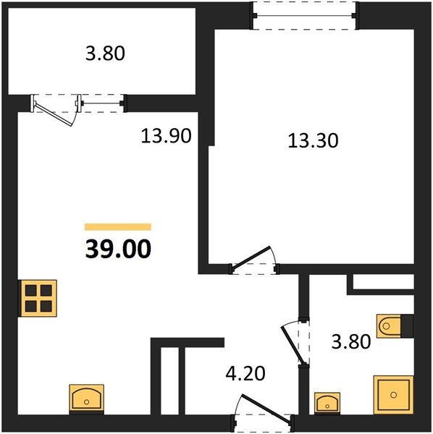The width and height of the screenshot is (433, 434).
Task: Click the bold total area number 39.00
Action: click(x=118, y=249)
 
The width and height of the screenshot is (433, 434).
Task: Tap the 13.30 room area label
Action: click(x=313, y=140)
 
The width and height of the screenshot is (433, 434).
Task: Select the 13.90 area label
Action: click(x=166, y=136)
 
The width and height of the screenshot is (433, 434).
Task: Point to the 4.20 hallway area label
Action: click(x=245, y=373)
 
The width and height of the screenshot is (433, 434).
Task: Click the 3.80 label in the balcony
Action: click(x=105, y=53)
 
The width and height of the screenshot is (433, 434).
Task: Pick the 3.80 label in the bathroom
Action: click(x=351, y=341)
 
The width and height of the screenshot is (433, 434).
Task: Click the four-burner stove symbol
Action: click(x=38, y=298)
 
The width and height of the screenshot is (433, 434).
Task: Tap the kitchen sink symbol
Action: click(x=86, y=399)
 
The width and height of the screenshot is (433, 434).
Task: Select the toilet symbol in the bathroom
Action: click(x=389, y=325)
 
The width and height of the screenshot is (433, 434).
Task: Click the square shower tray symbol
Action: click(x=393, y=395)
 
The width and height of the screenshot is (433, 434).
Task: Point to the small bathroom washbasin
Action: click(x=327, y=404)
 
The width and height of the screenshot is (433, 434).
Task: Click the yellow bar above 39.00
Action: click(x=118, y=227)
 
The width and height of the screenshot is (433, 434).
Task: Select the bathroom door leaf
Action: click(x=293, y=345)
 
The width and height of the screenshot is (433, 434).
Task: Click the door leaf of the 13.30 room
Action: click(x=251, y=258)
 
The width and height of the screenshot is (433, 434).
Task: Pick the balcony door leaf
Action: click(x=53, y=114)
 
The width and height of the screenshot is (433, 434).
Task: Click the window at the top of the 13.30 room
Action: click(x=305, y=15)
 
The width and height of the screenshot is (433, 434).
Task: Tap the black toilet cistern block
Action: click(x=407, y=326)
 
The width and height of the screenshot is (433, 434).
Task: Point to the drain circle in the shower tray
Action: click(x=393, y=395)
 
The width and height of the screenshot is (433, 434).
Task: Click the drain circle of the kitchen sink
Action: click(x=86, y=402)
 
